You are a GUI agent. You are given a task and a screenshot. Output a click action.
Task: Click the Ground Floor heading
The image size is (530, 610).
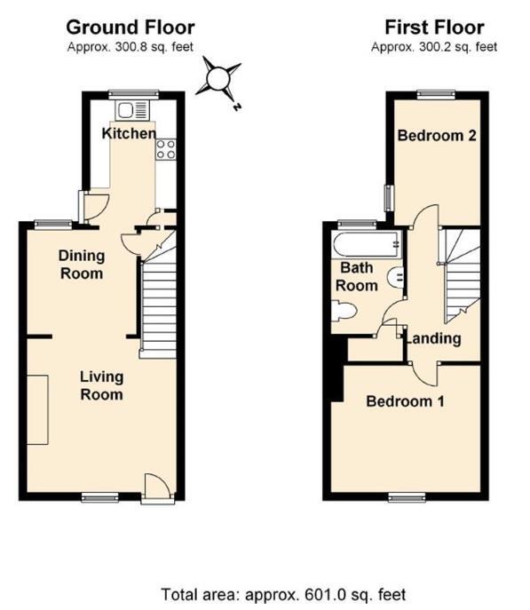click(x=130, y=28)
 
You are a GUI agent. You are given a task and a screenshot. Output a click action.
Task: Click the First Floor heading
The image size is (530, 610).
click(x=434, y=28)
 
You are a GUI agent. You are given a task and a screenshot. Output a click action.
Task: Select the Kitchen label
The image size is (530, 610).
click(x=128, y=134)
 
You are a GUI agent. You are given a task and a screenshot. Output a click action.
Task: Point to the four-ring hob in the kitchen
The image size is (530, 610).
click(x=165, y=149)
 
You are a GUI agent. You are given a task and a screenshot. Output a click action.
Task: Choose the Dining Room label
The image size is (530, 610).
click(x=81, y=265)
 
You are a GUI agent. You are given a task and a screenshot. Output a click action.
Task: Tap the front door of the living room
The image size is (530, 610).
click(x=154, y=487)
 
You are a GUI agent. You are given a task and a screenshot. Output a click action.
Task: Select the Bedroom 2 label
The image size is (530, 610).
click(x=437, y=136)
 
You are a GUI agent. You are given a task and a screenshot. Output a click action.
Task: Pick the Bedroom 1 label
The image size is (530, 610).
click(x=405, y=401)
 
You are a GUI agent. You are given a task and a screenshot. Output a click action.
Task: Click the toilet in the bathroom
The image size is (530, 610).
click(x=344, y=310)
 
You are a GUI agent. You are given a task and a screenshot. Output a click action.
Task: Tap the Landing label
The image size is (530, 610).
click(x=433, y=338)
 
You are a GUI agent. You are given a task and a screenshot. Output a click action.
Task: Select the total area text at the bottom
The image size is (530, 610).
click(x=284, y=594)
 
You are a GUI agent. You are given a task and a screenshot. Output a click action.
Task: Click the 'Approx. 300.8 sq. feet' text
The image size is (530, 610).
click(x=131, y=47)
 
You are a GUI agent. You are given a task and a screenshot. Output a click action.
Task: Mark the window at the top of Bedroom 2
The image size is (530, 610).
click(x=435, y=92)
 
